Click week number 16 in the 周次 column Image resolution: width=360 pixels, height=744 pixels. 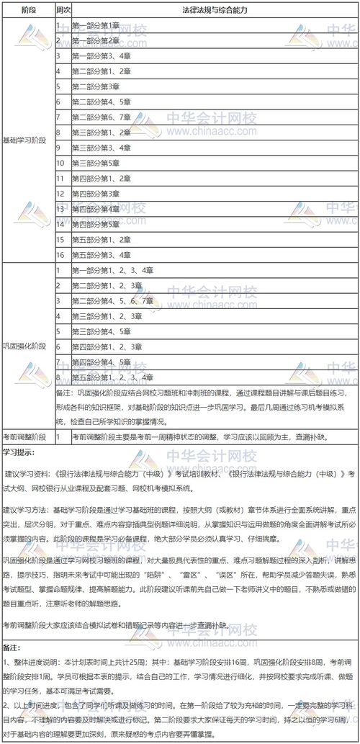click(x=61, y=254)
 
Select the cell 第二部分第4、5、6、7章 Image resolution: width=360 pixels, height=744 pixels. click(x=112, y=300)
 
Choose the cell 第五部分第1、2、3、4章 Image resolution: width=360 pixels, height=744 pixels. click(x=112, y=377)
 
